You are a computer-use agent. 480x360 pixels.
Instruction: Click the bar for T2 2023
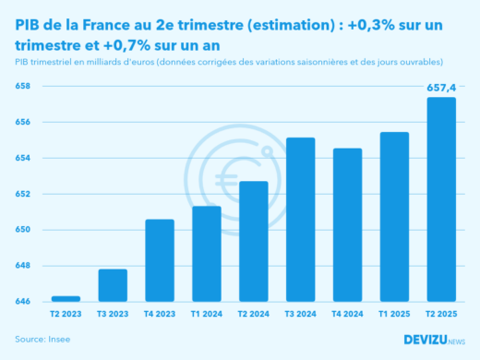(66, 298)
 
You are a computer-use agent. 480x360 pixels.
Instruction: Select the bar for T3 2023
(113, 285)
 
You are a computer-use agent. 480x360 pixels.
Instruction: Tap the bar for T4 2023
(160, 260)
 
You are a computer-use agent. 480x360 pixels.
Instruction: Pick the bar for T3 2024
(301, 220)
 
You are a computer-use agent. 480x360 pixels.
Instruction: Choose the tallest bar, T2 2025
(441, 199)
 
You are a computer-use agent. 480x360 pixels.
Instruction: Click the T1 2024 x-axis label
(207, 314)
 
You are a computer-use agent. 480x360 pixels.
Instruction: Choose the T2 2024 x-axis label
(254, 314)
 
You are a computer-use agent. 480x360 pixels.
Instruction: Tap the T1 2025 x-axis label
(394, 314)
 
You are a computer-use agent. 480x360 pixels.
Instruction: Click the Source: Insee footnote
(42, 340)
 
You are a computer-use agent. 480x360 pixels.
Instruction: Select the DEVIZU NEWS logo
(435, 340)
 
